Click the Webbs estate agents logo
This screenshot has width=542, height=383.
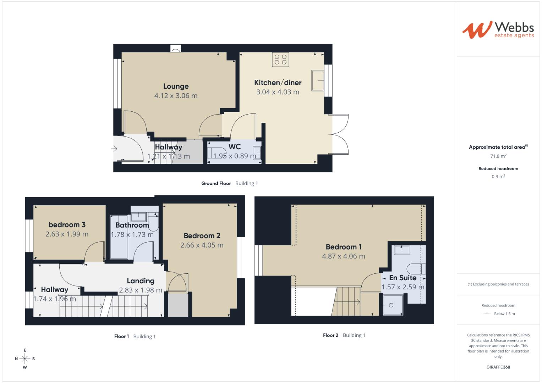coord(498,30)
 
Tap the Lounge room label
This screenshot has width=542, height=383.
coord(176,86)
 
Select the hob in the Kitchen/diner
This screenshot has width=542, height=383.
coord(280,59)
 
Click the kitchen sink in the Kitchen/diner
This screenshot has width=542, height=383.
coord(317,81)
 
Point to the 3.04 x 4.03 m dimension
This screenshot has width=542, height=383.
coord(278,92)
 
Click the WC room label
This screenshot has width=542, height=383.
coord(234,147)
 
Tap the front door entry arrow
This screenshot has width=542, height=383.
coord(115,149)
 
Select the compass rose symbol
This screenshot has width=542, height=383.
coord(25,359)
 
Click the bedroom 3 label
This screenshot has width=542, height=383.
coord(67,224)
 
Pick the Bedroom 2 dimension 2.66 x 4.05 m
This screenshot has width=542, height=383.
coord(202,245)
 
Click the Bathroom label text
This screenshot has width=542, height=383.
coord(132,225)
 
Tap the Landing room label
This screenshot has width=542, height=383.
coord(141,281)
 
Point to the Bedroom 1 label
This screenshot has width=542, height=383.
coord(343,247)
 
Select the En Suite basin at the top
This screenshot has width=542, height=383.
coord(401,250)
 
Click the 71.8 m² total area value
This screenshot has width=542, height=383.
coord(498,156)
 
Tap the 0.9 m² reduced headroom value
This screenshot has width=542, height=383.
coord(498,177)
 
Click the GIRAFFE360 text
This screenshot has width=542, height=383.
coord(498,367)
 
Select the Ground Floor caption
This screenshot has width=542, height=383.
coord(216,183)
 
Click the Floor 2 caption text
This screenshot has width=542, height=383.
coord(330,335)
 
